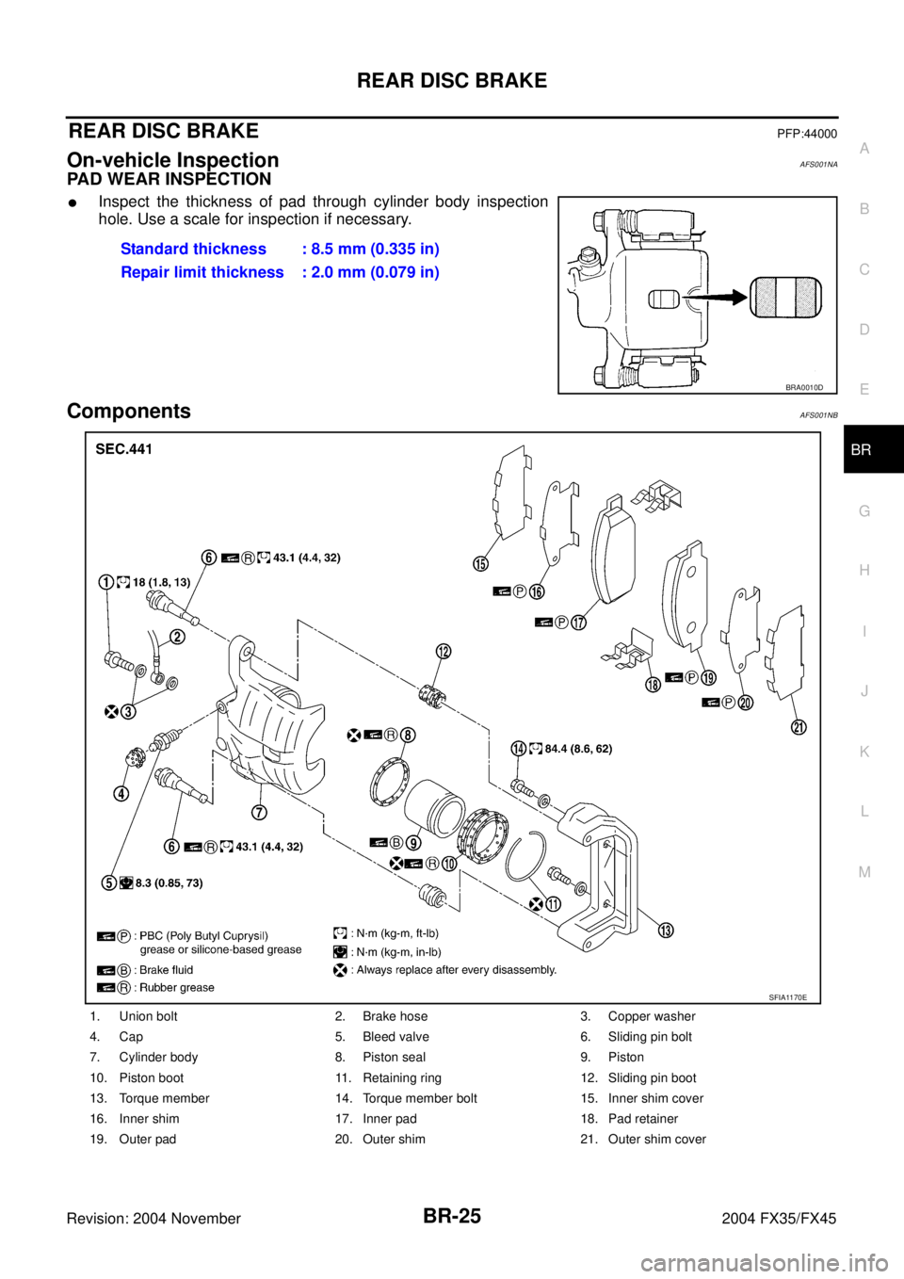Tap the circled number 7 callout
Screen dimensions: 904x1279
pos(259,812)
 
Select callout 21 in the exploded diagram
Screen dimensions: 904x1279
pos(799,727)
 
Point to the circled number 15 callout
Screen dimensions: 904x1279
pos(480,563)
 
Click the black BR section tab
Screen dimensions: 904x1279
pos(873,449)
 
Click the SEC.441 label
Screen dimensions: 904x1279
pos(124,449)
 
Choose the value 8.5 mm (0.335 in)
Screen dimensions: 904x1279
pos(376,249)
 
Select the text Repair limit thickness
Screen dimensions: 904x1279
pos(202,272)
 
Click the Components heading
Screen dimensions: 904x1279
pos(129,411)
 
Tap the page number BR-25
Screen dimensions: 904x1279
pos(452,1217)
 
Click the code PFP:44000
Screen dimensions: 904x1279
pos(807,134)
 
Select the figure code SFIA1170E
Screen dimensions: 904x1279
pos(787,997)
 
